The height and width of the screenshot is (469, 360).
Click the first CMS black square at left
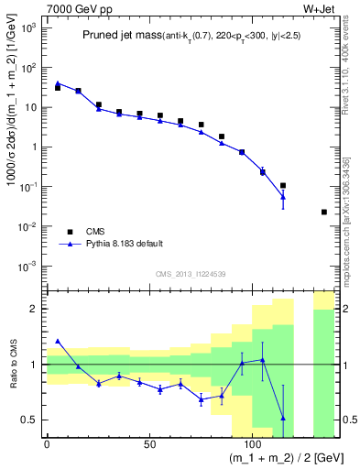click(58, 88)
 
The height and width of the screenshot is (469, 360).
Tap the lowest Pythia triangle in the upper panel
click(283, 197)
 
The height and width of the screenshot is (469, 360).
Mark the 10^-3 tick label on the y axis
click(27, 266)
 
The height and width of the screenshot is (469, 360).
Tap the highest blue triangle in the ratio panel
click(58, 341)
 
